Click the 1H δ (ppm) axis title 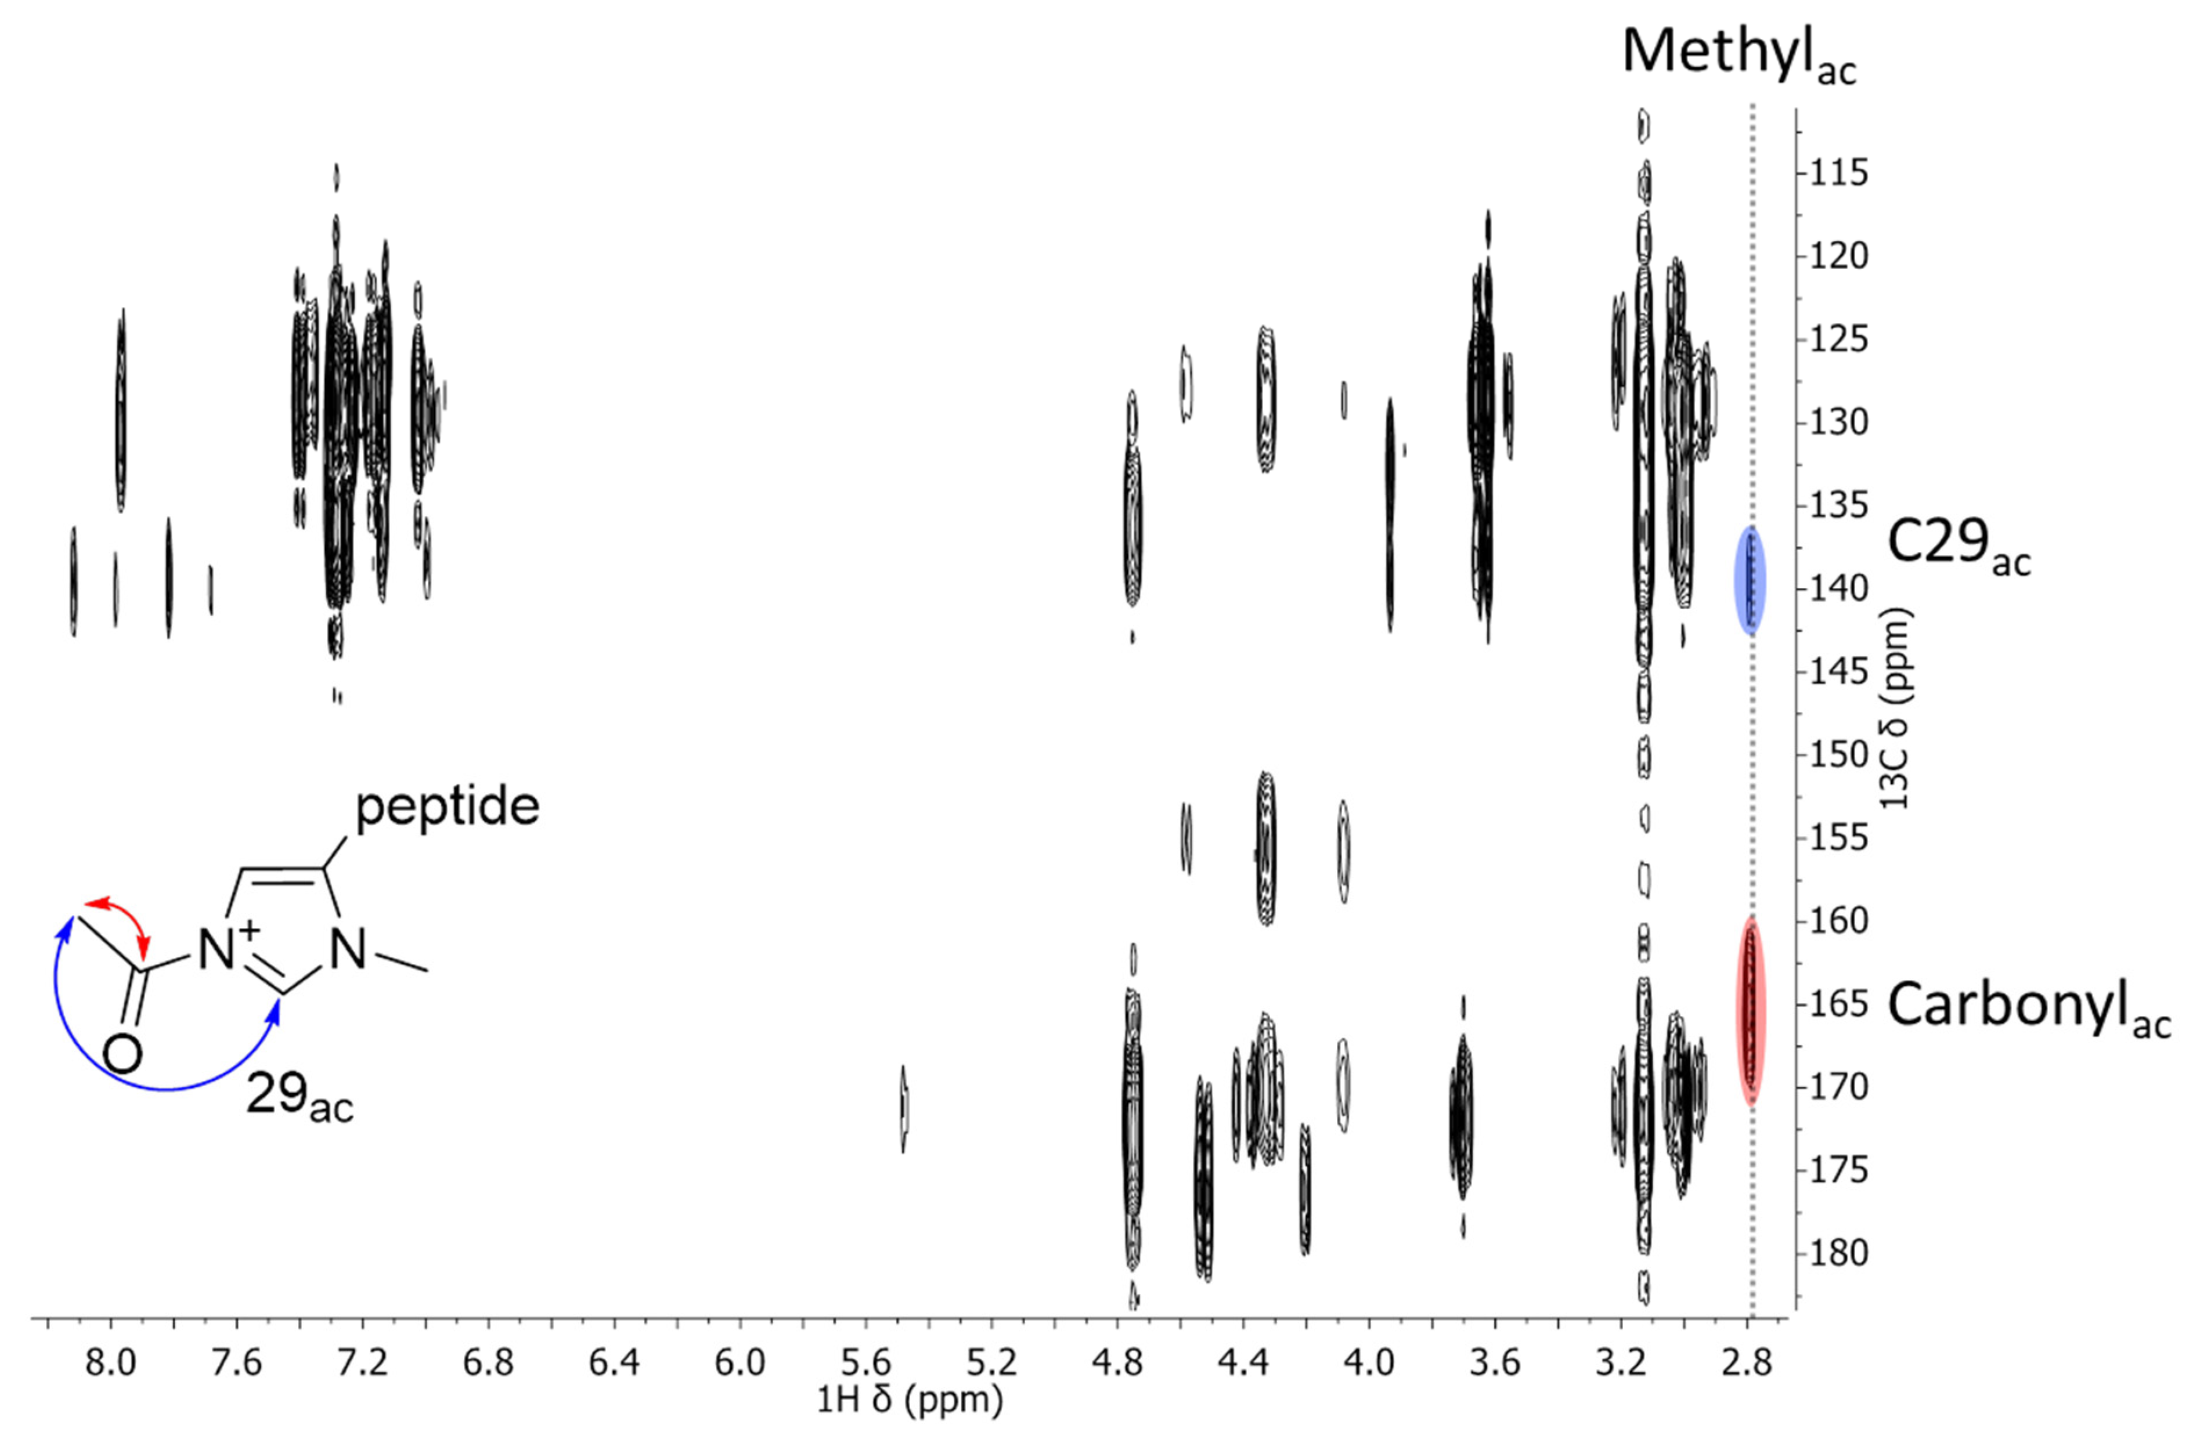(x=908, y=1400)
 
